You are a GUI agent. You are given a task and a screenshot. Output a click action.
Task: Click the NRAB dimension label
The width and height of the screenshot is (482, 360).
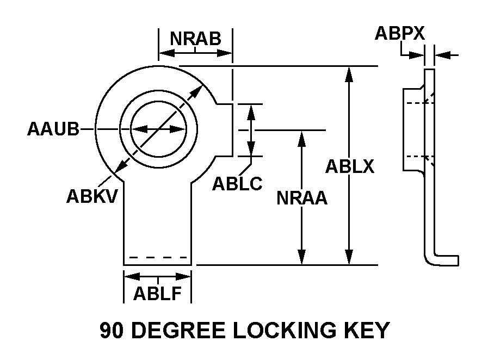point(195,39)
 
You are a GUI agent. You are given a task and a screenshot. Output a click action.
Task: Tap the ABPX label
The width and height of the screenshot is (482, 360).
point(400,34)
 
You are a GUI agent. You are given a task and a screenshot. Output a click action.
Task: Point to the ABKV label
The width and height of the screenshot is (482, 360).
point(92,195)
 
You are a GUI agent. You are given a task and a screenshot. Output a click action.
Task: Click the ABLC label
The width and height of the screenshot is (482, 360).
point(237,184)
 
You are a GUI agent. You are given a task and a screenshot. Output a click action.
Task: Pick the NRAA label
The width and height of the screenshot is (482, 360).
point(302,198)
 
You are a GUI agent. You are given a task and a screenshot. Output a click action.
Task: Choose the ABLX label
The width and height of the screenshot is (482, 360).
point(350,166)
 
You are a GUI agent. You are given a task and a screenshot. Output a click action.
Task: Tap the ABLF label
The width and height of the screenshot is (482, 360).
point(158,294)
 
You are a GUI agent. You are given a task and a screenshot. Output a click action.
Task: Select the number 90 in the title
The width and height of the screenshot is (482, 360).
point(113,331)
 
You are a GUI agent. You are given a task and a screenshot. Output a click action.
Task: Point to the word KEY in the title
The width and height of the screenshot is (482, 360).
point(368,331)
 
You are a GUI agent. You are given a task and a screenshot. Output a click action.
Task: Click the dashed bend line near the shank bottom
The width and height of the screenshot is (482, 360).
point(158,257)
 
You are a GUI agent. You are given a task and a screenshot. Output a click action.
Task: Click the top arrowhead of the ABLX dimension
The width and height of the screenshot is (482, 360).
point(350,74)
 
